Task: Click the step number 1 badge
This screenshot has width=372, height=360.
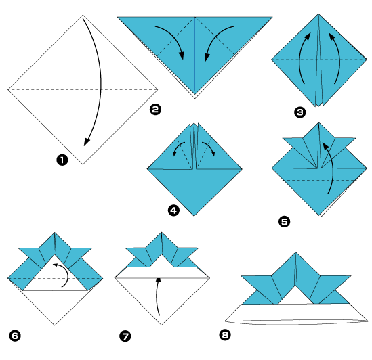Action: click(x=62, y=160)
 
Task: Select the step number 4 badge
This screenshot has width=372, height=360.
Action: click(x=173, y=210)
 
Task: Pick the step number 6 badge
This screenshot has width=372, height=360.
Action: click(x=14, y=335)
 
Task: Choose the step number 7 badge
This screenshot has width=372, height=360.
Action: click(x=125, y=335)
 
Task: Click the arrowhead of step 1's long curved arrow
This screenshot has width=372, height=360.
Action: click(x=85, y=141)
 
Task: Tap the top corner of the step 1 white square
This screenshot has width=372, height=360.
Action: click(x=83, y=16)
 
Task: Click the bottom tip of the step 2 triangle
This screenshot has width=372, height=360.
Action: click(x=194, y=94)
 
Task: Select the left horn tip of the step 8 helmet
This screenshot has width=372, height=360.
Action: click(x=241, y=276)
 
